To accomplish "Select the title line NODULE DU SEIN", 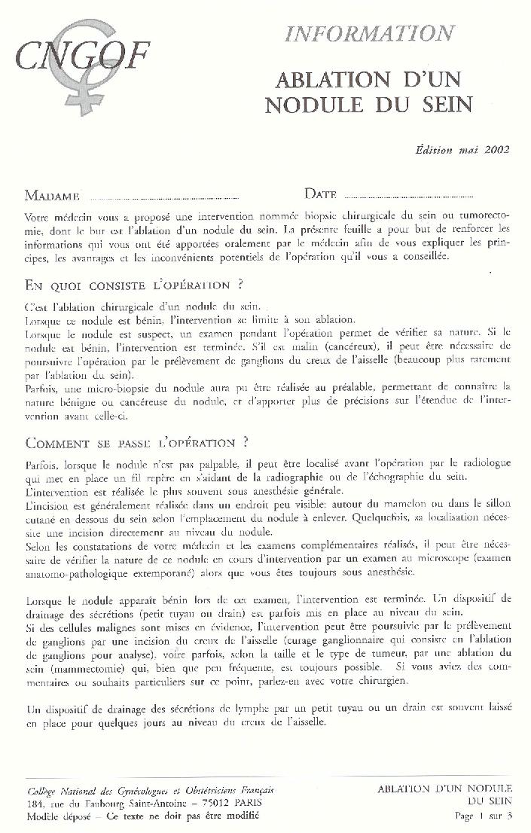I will tap(368, 104).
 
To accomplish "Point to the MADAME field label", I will tap(52, 197).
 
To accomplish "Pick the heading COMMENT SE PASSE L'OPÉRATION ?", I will tap(137, 441).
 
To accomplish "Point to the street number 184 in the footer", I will tap(35, 804).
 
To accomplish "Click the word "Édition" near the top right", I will tap(435, 149).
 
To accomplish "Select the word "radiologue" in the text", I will tap(481, 459).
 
